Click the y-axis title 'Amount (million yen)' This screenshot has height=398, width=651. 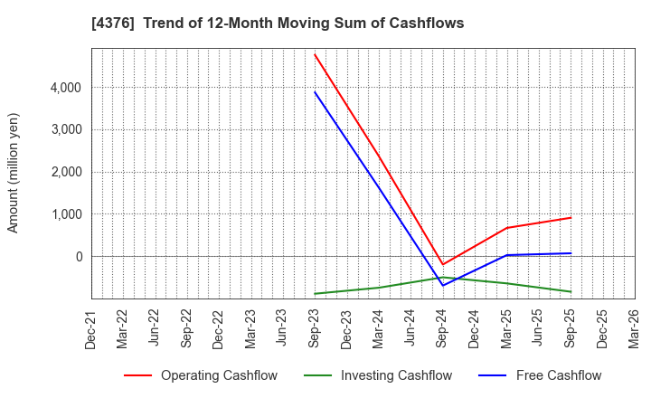[x=14, y=173]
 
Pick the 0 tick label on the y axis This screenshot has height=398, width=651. [x=78, y=257]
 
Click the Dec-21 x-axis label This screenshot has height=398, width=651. [x=91, y=329]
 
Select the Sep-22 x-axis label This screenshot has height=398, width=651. [x=187, y=329]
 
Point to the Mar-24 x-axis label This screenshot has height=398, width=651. [x=379, y=329]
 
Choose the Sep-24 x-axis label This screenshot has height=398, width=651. [x=443, y=329]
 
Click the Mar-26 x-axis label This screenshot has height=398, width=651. [x=635, y=329]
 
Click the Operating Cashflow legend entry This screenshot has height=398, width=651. [x=201, y=375]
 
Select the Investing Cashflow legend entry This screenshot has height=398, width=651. [x=372, y=375]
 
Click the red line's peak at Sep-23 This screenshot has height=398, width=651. [x=315, y=54]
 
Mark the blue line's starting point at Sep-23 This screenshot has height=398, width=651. [x=315, y=91]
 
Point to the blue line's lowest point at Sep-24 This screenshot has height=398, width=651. [x=443, y=286]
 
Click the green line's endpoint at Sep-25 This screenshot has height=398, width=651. [x=571, y=291]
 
